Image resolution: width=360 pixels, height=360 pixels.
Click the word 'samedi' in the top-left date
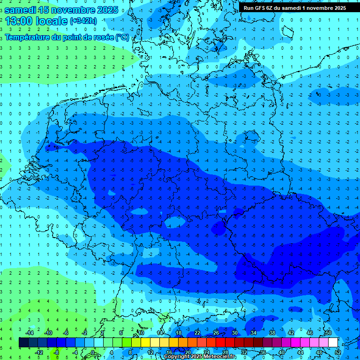(21, 9)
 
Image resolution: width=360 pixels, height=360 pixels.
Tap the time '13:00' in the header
(19, 21)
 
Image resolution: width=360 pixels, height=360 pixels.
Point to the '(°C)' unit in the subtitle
(122, 37)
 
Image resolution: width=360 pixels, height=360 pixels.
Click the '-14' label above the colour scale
(30, 333)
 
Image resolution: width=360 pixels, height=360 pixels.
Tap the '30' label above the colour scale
(235, 333)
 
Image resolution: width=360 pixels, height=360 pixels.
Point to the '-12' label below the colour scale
(39, 352)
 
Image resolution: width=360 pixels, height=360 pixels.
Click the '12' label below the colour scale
(151, 352)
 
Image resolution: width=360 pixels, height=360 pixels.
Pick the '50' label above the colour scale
(328, 333)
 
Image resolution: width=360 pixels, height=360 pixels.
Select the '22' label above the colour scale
(197, 333)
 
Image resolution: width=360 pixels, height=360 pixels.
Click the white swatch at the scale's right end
(333, 343)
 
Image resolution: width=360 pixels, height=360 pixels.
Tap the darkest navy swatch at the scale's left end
(23, 343)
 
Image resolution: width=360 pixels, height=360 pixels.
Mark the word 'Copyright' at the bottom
(177, 357)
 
